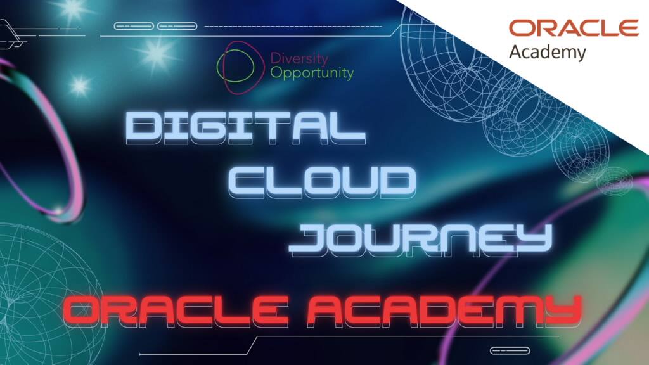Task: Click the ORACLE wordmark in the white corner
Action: pyautogui.click(x=574, y=28)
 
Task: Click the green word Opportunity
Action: pyautogui.click(x=312, y=73)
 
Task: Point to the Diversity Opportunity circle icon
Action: pyautogui.click(x=239, y=66)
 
